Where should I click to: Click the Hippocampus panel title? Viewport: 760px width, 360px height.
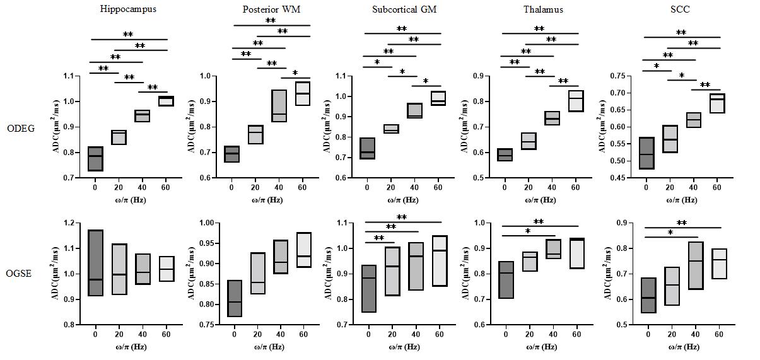(x=128, y=9)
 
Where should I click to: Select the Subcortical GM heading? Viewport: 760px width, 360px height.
(x=404, y=9)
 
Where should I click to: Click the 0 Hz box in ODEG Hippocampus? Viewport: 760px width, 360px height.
(x=95, y=158)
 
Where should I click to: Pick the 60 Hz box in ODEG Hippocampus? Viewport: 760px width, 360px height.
(x=166, y=101)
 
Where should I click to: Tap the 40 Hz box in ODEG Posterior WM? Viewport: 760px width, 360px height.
(x=279, y=105)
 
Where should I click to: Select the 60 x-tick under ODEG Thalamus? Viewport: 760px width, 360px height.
(x=575, y=188)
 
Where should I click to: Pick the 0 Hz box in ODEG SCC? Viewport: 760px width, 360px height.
(x=646, y=153)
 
